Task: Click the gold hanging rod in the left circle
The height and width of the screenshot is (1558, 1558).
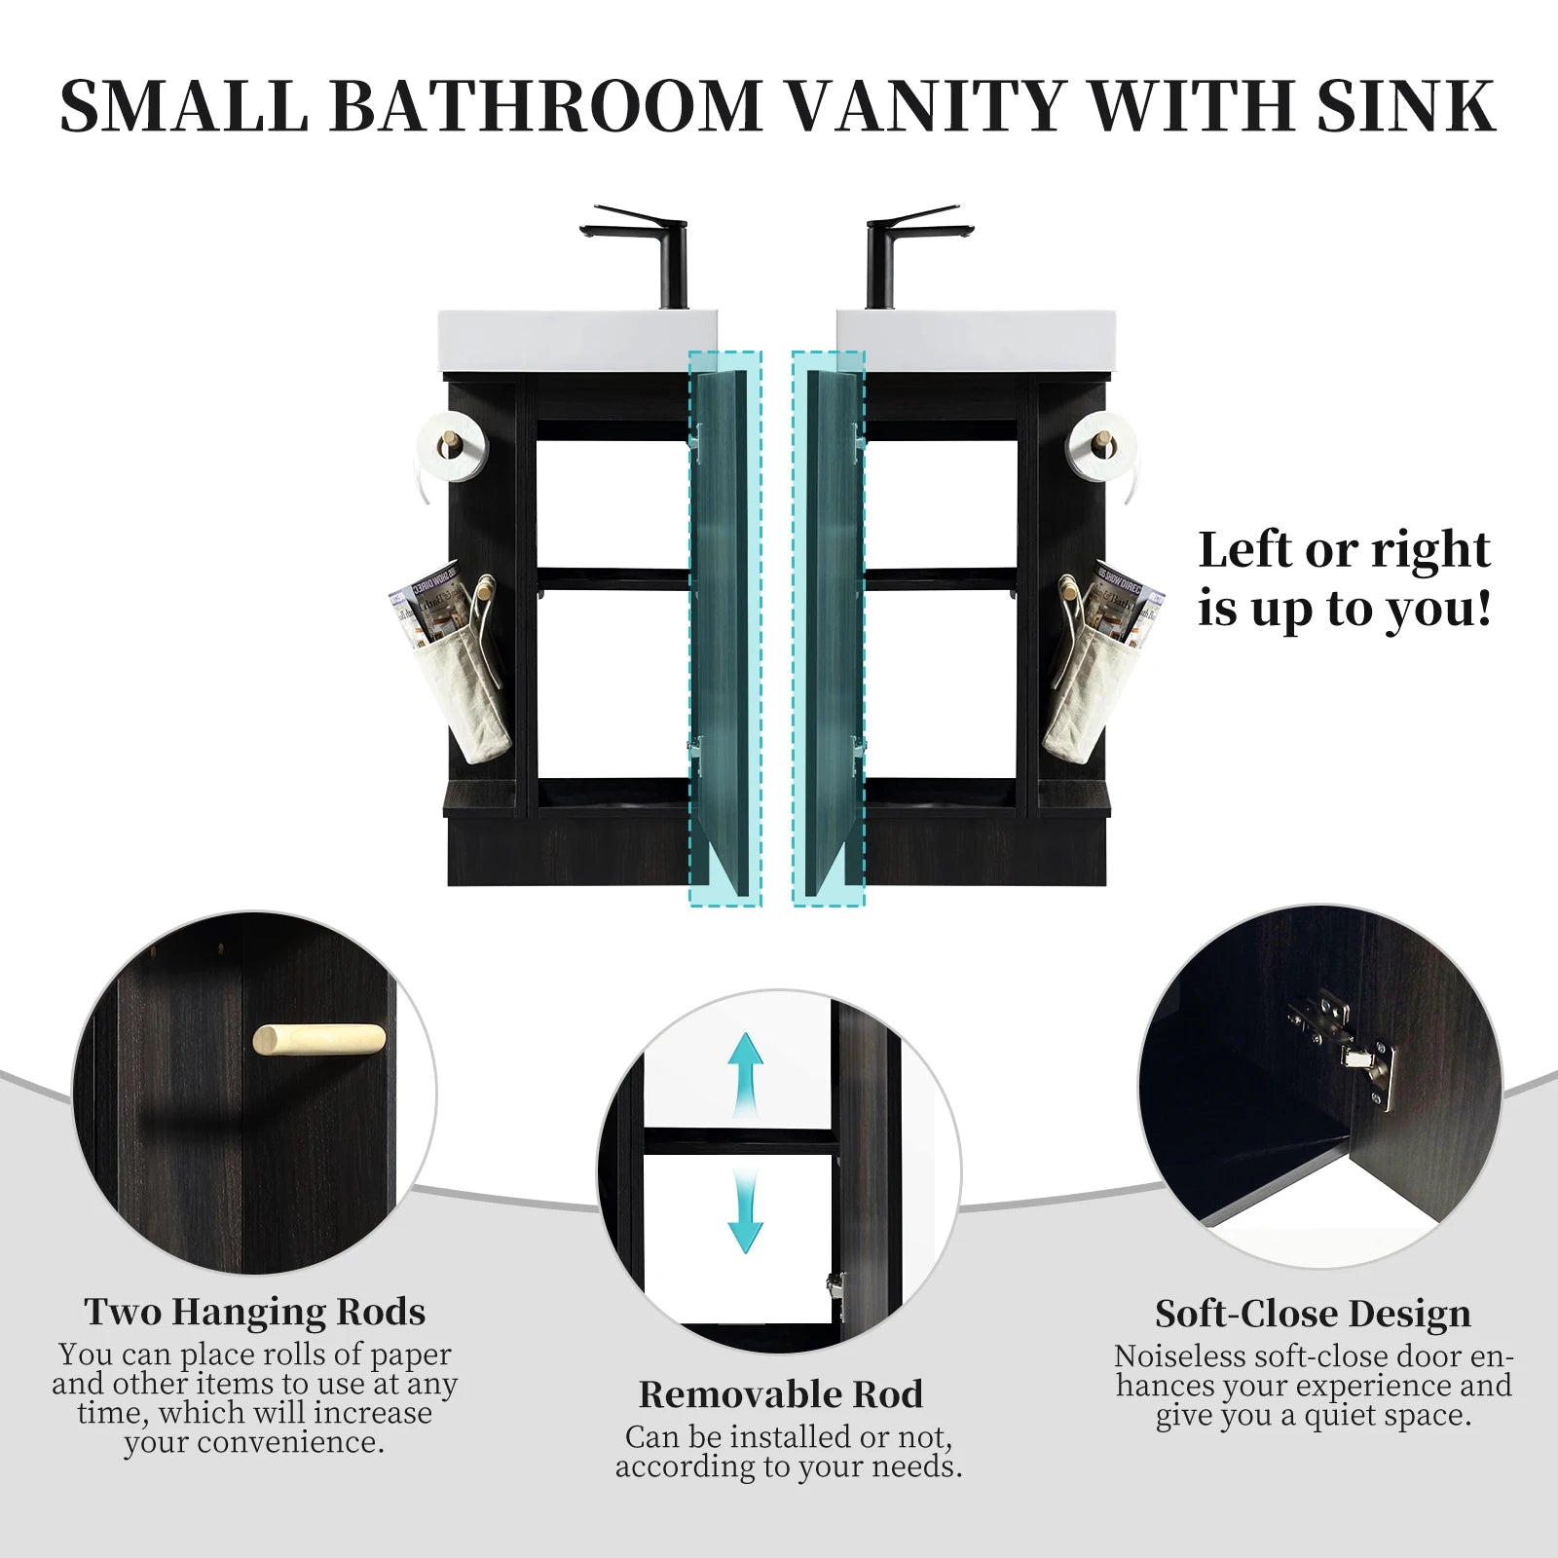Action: click(x=318, y=1039)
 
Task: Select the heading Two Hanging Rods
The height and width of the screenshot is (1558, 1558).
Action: click(x=254, y=1313)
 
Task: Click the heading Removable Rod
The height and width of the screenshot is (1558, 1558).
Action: click(x=780, y=1394)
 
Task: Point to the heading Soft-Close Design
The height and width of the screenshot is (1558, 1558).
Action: click(x=1313, y=1315)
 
